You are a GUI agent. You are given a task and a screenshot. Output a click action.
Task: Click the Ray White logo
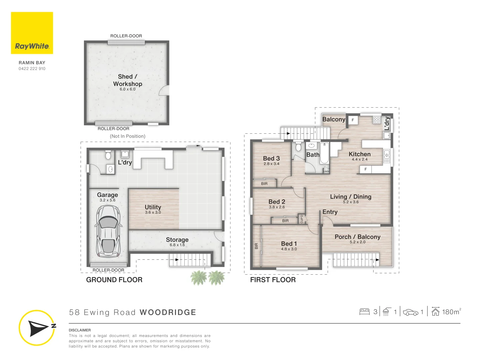click(x=32, y=33)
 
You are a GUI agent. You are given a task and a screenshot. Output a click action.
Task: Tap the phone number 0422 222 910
click(x=32, y=69)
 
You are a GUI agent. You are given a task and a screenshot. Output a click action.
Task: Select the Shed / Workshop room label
click(x=127, y=80)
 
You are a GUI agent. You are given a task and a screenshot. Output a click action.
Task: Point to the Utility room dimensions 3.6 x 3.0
click(x=153, y=212)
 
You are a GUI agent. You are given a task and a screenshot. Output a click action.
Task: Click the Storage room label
click(x=177, y=240)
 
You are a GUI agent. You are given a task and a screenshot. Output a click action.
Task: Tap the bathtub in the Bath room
click(x=324, y=153)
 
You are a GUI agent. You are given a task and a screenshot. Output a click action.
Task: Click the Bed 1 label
click(x=289, y=244)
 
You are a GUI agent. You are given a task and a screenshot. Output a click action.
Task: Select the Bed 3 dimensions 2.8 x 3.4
click(x=271, y=164)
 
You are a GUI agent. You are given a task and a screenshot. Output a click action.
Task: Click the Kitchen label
click(x=359, y=154)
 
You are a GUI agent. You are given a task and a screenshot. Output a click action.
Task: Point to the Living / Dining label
click(x=351, y=197)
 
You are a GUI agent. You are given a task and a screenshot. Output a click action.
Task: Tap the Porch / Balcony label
click(x=357, y=237)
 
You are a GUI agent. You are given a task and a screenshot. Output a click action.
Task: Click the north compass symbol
click(x=37, y=328)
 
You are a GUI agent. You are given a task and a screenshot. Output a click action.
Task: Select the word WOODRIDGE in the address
click(x=168, y=312)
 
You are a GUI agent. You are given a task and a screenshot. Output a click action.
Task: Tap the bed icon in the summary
click(x=364, y=312)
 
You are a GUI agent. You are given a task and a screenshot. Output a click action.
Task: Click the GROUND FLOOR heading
click(x=114, y=280)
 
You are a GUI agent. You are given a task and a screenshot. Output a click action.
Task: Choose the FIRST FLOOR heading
click(x=273, y=280)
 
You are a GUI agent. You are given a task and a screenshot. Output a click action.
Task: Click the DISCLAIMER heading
click(x=80, y=330)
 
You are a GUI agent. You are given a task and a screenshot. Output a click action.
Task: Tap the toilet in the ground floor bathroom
click(x=108, y=155)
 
